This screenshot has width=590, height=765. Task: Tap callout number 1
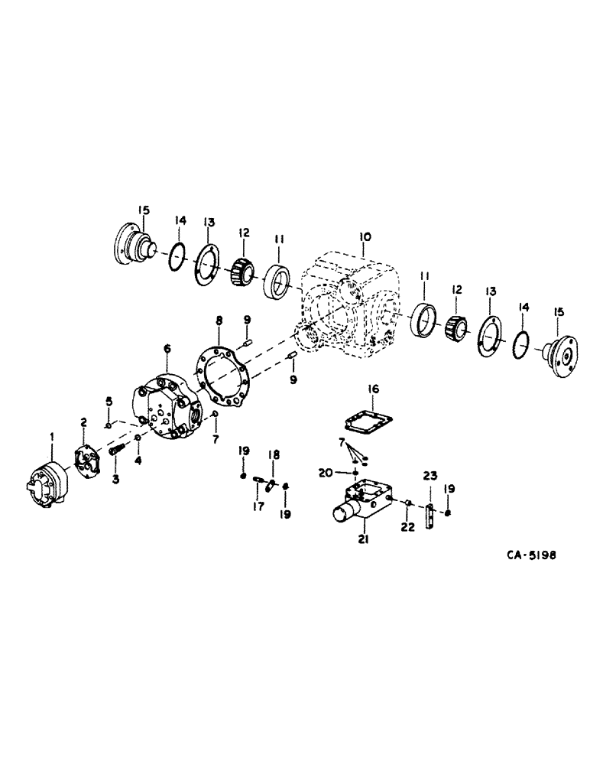pyautogui.click(x=51, y=437)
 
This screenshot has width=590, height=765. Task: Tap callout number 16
pyautogui.click(x=371, y=389)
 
